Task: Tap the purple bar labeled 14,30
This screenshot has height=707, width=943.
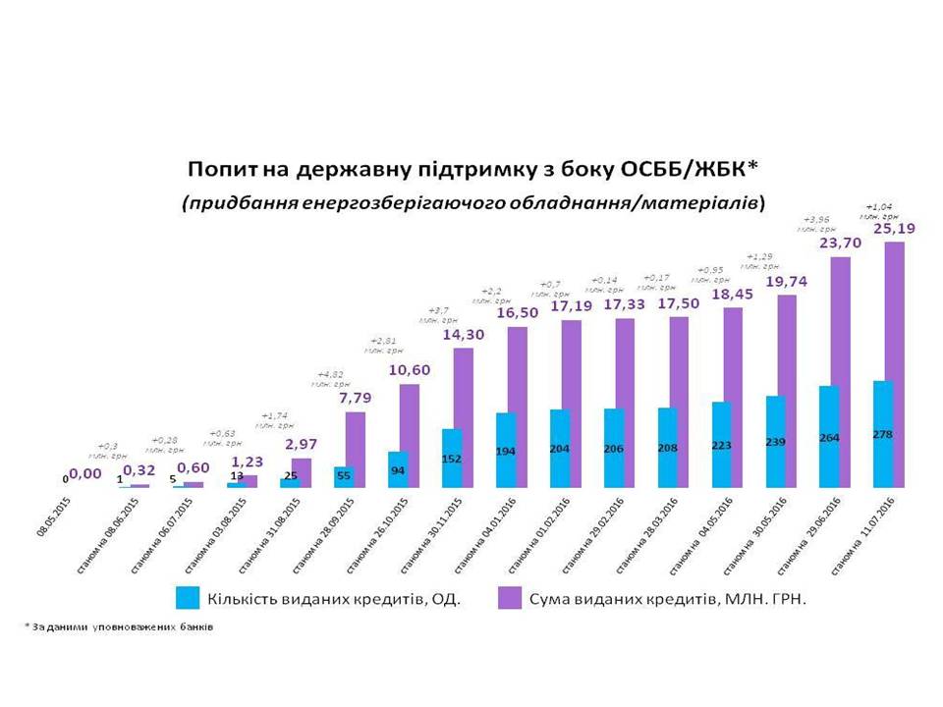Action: [464, 417]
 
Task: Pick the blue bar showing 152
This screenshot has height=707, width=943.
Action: [451, 459]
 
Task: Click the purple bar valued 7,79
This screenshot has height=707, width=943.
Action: [356, 449]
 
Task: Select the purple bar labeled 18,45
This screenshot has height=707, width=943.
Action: [732, 397]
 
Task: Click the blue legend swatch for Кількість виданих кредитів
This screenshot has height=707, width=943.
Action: [186, 597]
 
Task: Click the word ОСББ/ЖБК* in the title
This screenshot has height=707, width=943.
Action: [688, 169]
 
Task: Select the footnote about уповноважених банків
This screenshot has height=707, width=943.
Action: [118, 625]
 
